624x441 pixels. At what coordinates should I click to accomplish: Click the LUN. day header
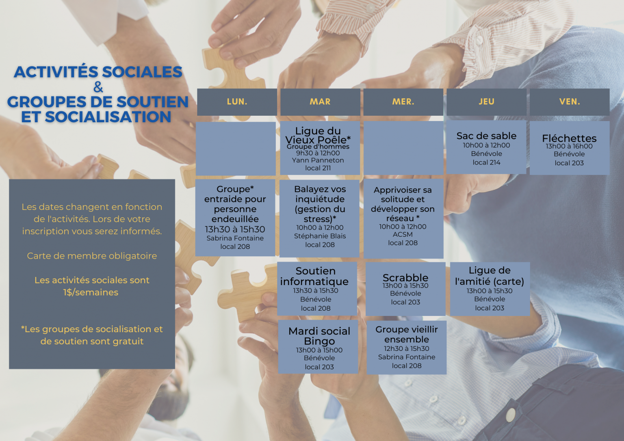[x=237, y=102]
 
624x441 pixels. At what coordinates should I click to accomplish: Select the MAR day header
[x=320, y=102]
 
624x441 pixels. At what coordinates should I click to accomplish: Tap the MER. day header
[x=403, y=102]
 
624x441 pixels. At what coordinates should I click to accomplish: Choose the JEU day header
[x=486, y=102]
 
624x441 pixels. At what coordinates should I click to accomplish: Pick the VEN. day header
[x=570, y=102]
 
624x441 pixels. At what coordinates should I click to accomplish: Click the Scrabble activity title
[x=405, y=278]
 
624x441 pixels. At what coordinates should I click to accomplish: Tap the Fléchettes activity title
[x=569, y=138]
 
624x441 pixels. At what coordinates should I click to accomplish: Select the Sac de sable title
[x=486, y=136]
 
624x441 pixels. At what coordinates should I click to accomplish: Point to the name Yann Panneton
[x=318, y=160]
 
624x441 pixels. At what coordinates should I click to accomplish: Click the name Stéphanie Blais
[x=320, y=236]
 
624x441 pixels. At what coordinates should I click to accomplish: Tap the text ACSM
[x=403, y=234]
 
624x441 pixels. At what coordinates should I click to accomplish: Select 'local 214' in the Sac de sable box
[x=486, y=162]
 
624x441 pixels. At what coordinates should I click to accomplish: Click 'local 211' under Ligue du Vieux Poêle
[x=318, y=168]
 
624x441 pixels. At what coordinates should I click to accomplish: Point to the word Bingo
[x=319, y=341]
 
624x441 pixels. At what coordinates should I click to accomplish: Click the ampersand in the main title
[x=98, y=87]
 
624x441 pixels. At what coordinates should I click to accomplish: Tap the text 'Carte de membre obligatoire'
[x=92, y=256]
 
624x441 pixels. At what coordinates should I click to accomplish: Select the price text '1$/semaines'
[x=91, y=292]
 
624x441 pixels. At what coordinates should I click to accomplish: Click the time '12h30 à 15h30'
[x=406, y=348]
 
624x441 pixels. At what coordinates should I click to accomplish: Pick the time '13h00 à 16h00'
[x=569, y=146]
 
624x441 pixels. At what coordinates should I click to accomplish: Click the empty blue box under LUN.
[x=236, y=149]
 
